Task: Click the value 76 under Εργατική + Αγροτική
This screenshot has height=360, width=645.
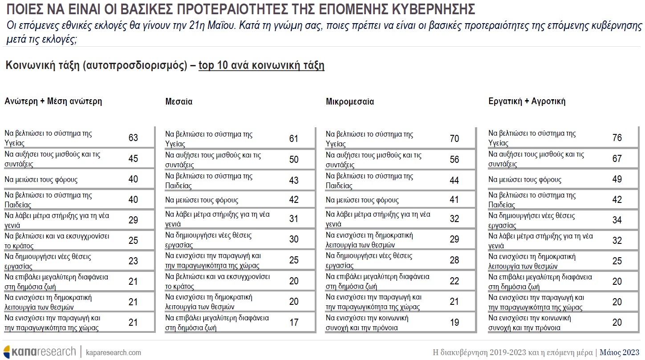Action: tap(617, 138)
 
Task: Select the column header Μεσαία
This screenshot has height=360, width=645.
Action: tap(179, 101)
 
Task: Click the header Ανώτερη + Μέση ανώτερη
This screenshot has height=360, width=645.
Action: tap(53, 101)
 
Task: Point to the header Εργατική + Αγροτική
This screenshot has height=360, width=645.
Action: tap(527, 101)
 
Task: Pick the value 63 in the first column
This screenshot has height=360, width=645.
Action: tap(133, 138)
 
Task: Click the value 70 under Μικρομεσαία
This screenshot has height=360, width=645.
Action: tap(454, 139)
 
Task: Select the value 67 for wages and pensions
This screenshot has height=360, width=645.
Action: tap(617, 159)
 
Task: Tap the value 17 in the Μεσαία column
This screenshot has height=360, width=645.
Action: tap(294, 323)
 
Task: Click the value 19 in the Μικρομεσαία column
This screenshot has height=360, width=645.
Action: tap(454, 323)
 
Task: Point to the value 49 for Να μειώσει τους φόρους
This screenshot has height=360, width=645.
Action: tap(617, 179)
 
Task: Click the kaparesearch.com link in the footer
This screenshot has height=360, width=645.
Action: tap(113, 352)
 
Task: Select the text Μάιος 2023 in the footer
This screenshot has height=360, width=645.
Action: tap(619, 352)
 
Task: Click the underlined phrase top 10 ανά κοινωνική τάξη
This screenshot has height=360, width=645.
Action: tap(261, 66)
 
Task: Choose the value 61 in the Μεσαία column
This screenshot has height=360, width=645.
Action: tap(294, 139)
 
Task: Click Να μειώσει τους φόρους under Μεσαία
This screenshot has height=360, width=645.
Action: tap(202, 200)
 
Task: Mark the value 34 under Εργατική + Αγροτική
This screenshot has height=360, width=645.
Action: tap(617, 220)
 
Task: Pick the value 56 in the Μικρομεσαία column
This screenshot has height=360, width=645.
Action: tap(454, 159)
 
